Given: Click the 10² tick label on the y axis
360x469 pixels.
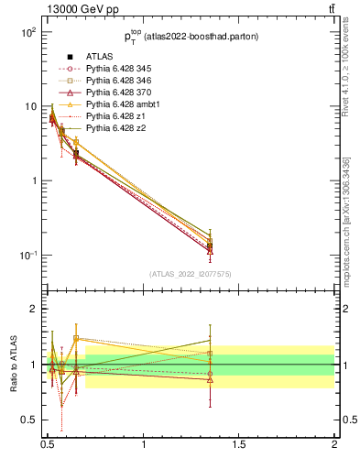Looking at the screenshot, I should (28, 32).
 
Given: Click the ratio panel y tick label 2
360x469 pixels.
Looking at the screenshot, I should (34, 310).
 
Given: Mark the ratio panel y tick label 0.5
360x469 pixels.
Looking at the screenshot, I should (30, 420).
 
